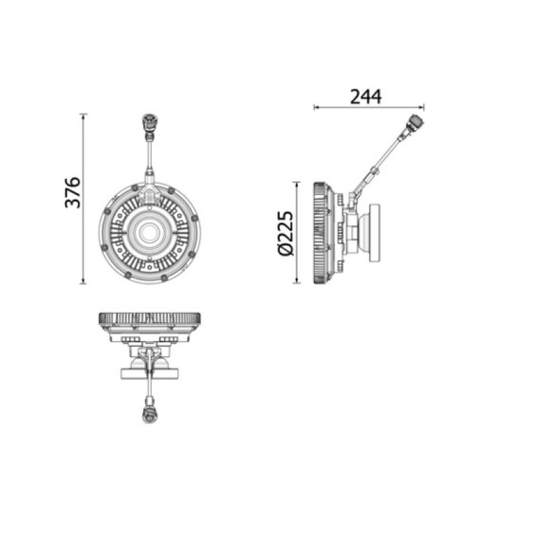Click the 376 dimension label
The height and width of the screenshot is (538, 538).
[73, 193]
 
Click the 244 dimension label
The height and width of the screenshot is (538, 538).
[365, 97]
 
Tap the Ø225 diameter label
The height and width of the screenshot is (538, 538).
[286, 233]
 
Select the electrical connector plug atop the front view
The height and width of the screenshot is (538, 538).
[150, 123]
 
